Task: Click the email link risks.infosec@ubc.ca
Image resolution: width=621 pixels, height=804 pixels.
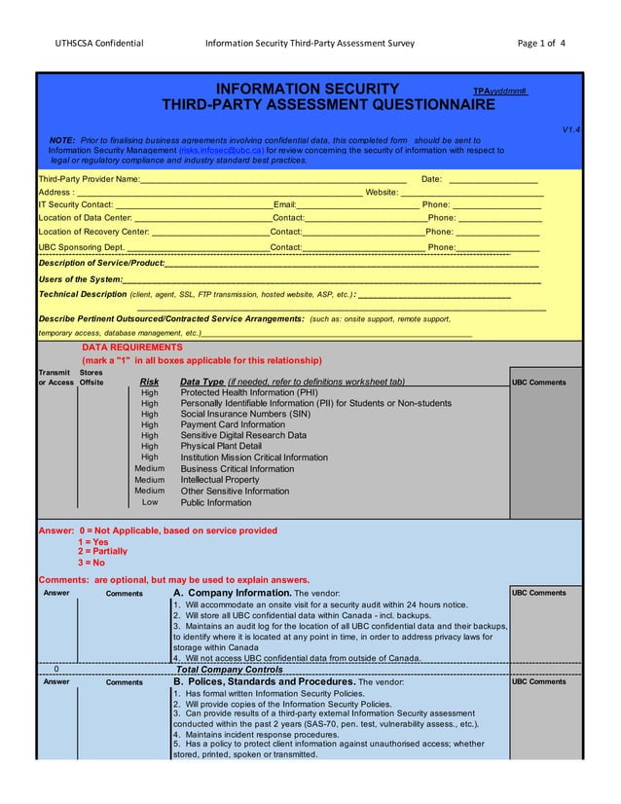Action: (x=222, y=151)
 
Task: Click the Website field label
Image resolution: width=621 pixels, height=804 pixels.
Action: (x=381, y=192)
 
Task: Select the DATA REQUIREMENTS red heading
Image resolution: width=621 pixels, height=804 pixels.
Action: (x=131, y=347)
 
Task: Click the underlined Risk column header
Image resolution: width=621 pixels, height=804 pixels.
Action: (x=150, y=383)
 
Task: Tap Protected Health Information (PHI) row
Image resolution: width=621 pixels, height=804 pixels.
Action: (x=249, y=393)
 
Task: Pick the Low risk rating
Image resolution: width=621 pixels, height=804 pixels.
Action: (x=150, y=502)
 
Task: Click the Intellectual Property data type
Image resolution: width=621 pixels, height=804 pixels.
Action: (x=220, y=480)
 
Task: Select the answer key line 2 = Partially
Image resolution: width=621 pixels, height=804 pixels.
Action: (x=102, y=552)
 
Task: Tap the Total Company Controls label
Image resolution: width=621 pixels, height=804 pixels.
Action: (x=230, y=670)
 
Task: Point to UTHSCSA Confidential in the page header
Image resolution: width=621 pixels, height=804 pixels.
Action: (x=99, y=43)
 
